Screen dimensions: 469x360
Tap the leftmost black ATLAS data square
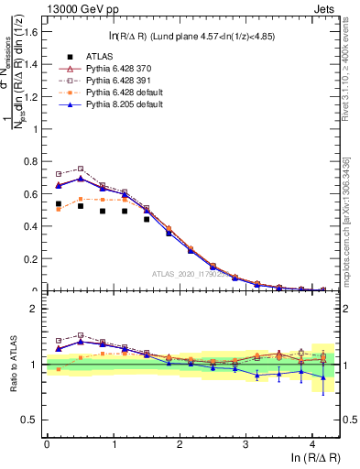(59, 203)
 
